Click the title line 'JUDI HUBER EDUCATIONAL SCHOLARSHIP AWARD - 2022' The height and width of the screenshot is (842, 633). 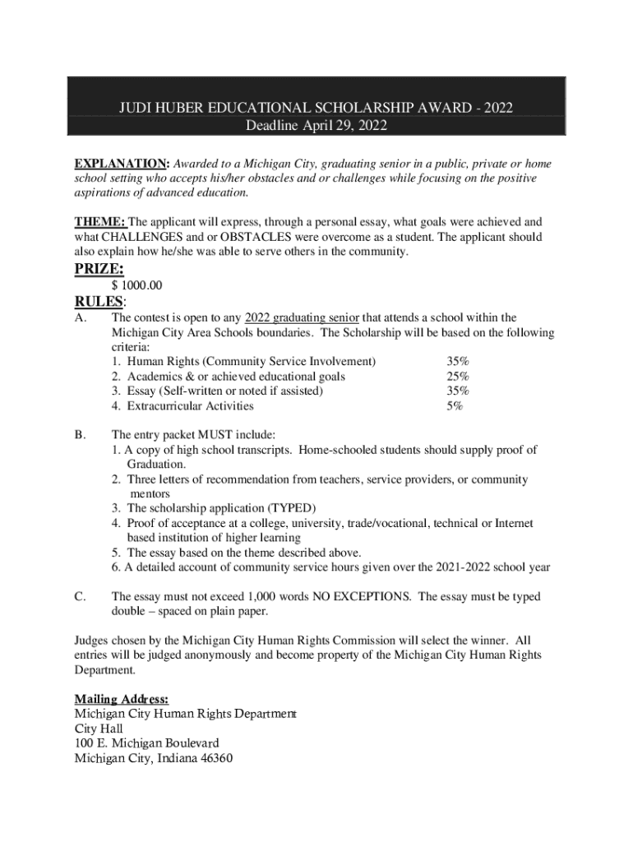click(x=316, y=109)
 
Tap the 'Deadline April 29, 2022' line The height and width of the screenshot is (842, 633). click(x=316, y=126)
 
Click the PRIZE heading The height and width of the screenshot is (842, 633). click(x=99, y=269)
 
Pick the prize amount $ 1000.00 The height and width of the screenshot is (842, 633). click(x=137, y=285)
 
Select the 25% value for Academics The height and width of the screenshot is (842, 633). click(x=458, y=377)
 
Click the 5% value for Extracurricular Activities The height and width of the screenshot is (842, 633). click(x=455, y=406)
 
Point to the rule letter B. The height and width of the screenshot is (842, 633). click(x=80, y=435)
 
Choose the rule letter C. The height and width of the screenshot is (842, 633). click(x=80, y=597)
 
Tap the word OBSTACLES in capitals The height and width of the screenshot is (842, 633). click(x=261, y=238)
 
